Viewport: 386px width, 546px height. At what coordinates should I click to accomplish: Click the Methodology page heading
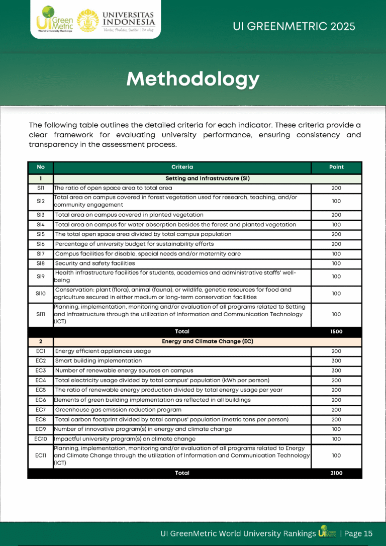193,79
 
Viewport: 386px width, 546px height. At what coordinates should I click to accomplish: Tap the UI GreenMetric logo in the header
55,20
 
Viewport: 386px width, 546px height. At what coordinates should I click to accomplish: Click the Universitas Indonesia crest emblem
88,20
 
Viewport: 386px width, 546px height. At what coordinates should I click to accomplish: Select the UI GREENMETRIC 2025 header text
294,26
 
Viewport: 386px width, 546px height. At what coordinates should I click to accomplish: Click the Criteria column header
182,167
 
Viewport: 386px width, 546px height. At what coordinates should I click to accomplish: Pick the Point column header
336,167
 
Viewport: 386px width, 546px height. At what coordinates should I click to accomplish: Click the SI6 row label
41,244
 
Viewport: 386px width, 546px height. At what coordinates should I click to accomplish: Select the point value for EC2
336,361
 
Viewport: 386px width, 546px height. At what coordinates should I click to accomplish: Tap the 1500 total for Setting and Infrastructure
336,332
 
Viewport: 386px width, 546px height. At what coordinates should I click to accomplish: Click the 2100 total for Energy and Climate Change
336,473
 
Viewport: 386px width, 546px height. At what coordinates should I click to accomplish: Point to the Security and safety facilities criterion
95,263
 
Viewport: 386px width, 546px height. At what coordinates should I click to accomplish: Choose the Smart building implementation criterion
99,361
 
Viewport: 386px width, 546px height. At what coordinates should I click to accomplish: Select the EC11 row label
41,456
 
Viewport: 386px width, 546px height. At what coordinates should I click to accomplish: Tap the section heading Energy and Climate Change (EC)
207,341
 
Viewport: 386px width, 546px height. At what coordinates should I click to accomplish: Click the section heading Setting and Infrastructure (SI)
207,178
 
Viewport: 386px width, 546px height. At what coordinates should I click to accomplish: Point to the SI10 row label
41,293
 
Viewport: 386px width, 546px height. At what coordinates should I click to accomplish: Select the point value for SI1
336,188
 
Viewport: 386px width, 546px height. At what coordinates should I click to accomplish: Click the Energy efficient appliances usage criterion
103,351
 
